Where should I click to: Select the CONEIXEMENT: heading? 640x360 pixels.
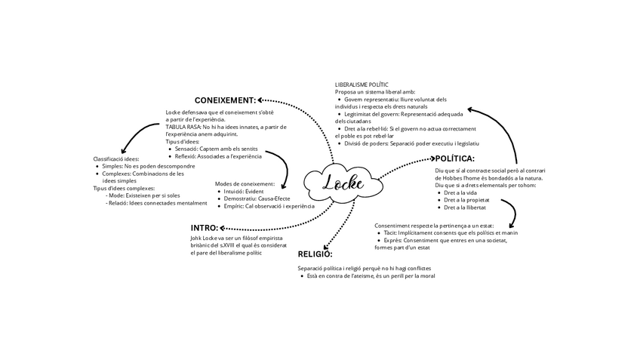tap(225, 100)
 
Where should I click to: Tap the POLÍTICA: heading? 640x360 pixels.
tap(454, 158)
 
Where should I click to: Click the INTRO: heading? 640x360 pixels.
tap(205, 227)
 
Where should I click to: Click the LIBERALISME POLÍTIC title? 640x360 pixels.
tap(362, 84)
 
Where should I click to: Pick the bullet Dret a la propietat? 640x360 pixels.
tap(468, 200)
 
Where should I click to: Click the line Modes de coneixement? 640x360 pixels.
tap(245, 184)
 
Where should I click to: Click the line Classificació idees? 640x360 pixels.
tap(116, 159)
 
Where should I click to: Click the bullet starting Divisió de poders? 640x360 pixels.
tap(411, 143)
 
